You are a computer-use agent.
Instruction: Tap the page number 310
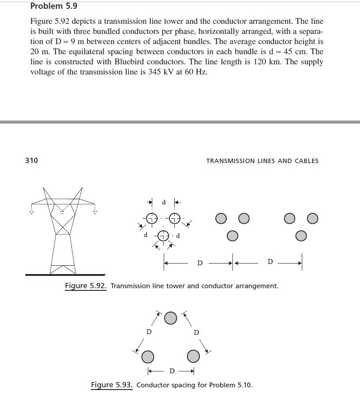(x=31, y=160)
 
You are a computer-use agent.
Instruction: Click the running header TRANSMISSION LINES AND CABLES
(x=262, y=161)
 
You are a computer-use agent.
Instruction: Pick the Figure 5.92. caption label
(x=86, y=286)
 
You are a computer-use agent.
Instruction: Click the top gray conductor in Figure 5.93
(x=171, y=317)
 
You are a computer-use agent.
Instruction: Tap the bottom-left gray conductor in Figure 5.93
(x=148, y=356)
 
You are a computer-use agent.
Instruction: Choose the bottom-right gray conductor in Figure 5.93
(x=193, y=356)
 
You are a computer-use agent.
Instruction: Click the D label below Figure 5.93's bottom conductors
(x=172, y=370)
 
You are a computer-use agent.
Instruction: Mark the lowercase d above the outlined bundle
(x=164, y=203)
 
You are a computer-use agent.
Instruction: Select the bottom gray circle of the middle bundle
(x=232, y=236)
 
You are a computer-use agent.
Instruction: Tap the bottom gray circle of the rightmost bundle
(x=300, y=236)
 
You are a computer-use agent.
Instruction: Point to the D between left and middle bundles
(x=200, y=264)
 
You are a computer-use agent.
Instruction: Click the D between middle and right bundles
(x=270, y=263)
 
